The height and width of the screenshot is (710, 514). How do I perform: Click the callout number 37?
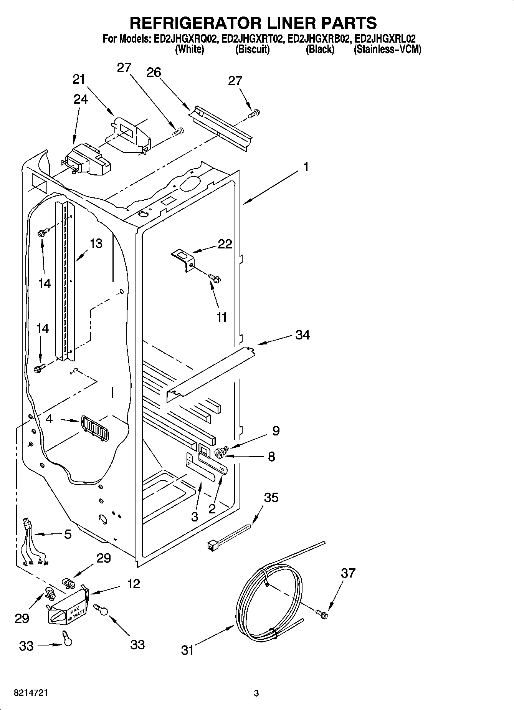pos(348,573)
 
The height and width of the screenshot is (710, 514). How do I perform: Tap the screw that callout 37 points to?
pos(323,614)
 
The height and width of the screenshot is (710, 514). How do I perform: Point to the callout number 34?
pos(302,335)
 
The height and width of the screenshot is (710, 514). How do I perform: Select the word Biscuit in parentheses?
pos(252,50)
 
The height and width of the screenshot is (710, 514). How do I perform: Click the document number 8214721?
pos(31,693)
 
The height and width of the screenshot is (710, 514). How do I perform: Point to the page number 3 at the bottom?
pos(256,693)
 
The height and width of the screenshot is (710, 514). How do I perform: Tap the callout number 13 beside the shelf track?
pos(96,243)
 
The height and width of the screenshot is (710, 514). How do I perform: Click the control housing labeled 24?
pos(86,159)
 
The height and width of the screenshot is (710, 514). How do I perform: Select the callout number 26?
pos(154,72)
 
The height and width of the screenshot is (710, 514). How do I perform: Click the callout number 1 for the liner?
pos(306,167)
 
